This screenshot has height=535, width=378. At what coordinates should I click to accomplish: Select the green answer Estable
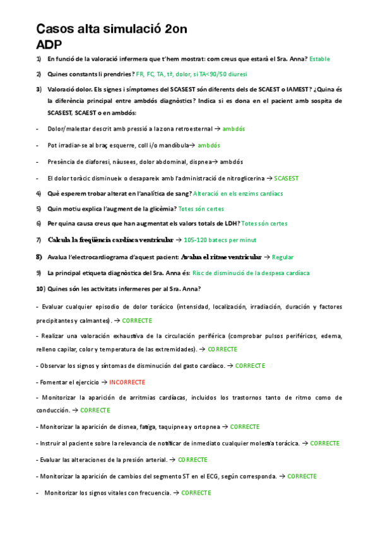(319, 59)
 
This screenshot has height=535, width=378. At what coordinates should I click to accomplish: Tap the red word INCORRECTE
(127, 382)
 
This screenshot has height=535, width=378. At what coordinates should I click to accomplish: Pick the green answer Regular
(283, 257)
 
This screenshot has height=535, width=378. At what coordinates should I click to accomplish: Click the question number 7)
(38, 240)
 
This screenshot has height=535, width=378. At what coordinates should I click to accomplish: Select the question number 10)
(40, 289)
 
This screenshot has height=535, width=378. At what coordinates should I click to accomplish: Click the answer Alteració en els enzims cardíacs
(238, 193)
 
